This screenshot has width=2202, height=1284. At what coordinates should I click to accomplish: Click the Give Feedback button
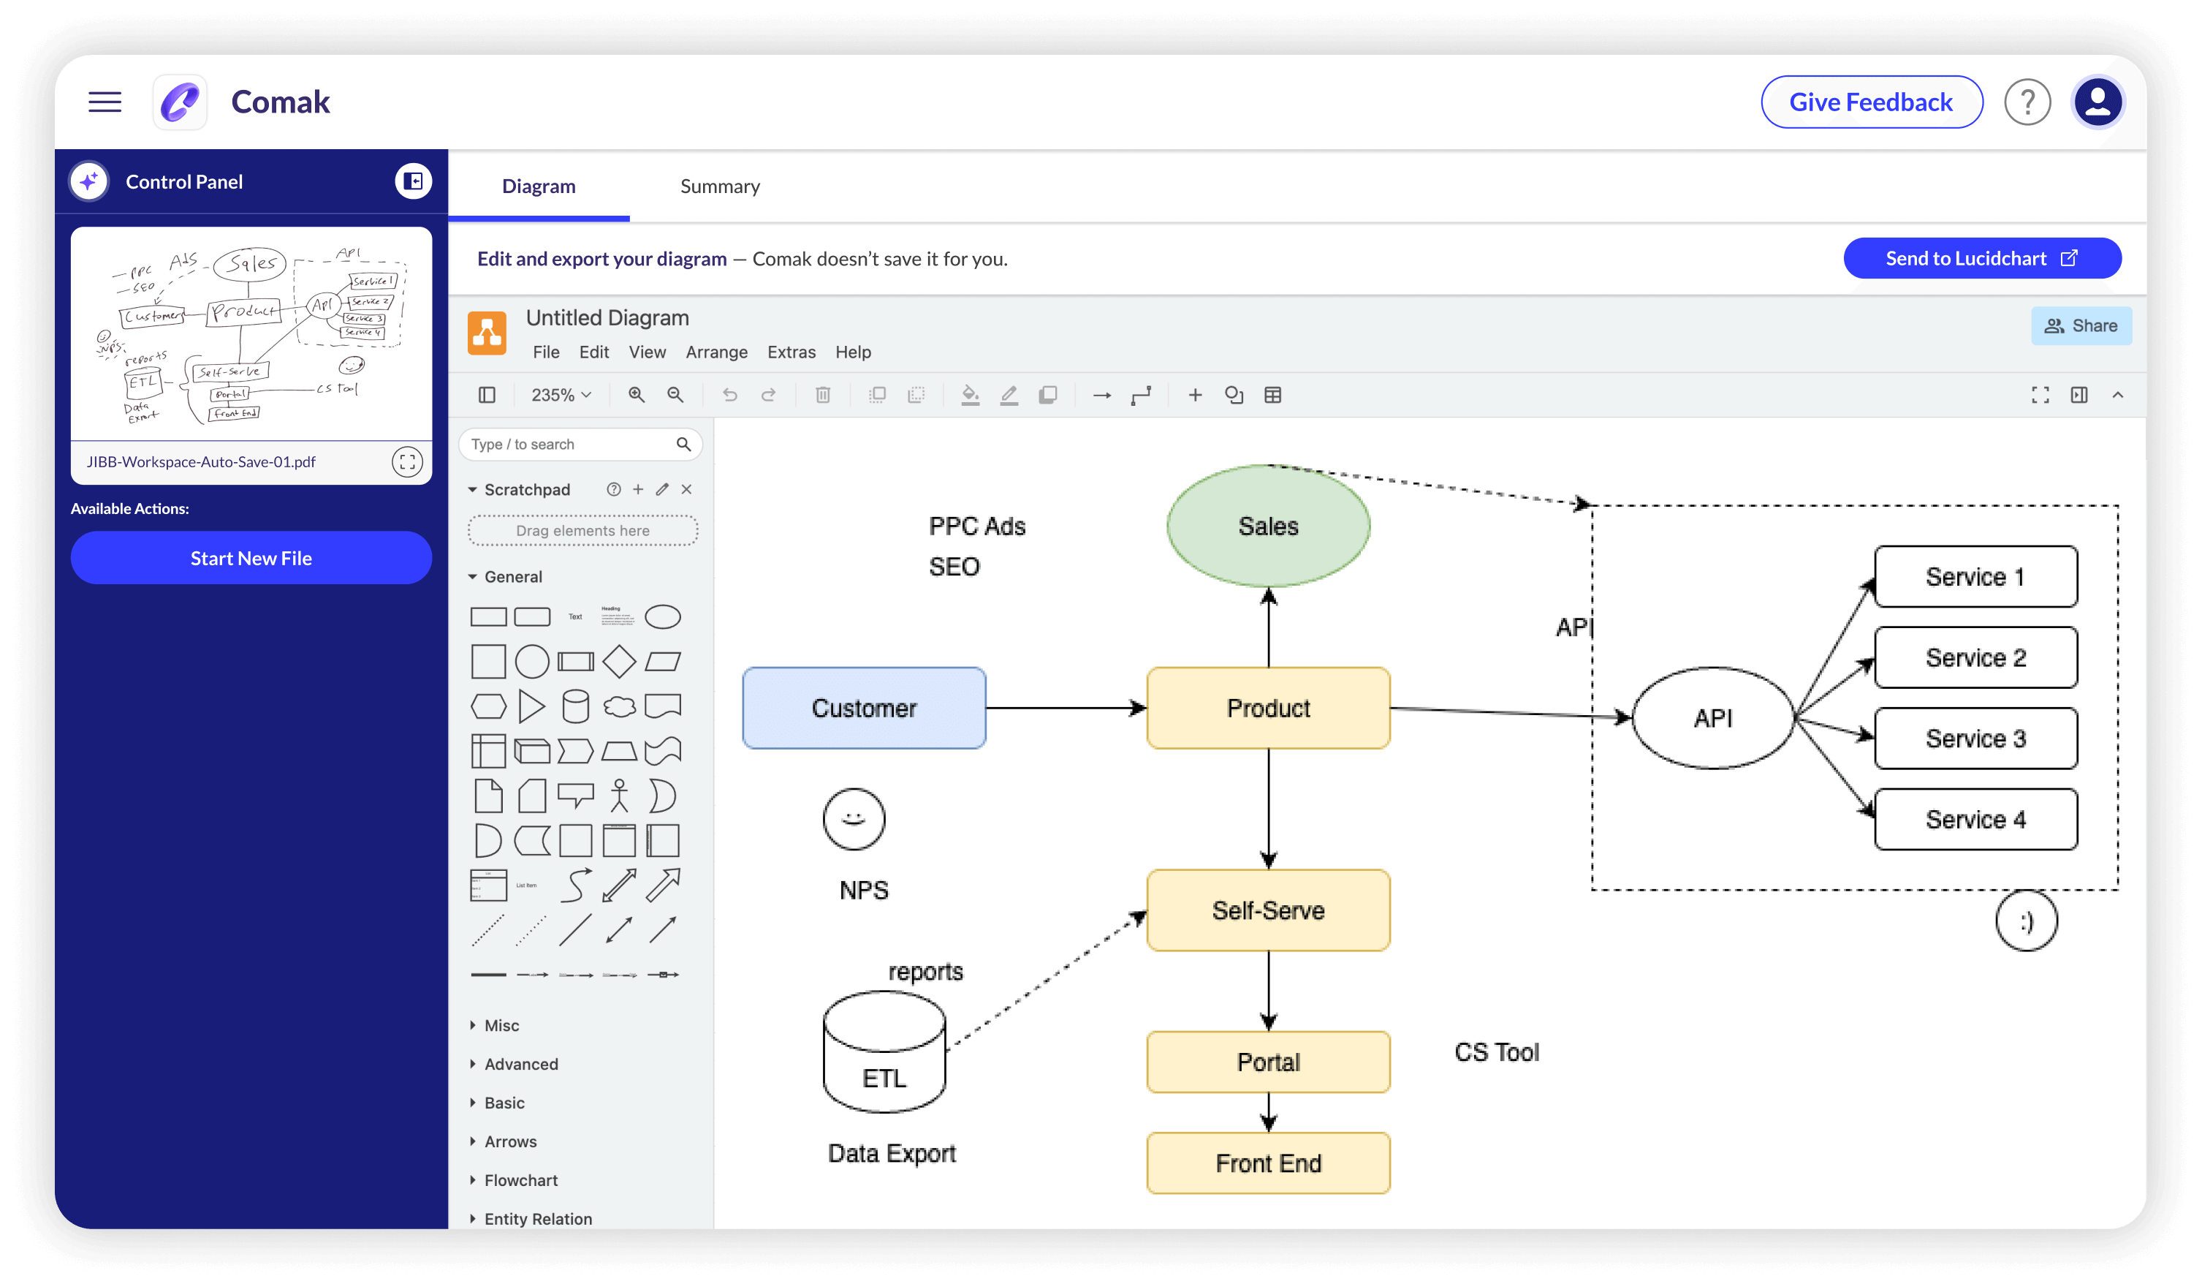click(1870, 102)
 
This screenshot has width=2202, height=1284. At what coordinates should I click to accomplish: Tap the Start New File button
click(251, 558)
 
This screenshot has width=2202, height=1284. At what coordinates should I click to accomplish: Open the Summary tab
click(719, 186)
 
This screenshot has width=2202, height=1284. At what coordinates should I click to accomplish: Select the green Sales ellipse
click(1267, 525)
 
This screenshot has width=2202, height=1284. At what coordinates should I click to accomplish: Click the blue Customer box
click(863, 708)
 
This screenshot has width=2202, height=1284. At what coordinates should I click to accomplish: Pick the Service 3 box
click(1975, 739)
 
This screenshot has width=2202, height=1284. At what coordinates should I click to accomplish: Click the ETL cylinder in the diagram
click(884, 1052)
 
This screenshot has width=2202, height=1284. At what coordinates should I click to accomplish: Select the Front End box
click(1267, 1163)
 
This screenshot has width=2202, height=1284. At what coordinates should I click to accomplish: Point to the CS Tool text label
click(1496, 1052)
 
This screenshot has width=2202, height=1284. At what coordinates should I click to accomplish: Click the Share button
click(2081, 326)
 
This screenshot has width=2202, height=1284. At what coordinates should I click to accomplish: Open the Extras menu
click(791, 352)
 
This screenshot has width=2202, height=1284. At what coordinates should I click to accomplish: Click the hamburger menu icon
click(105, 102)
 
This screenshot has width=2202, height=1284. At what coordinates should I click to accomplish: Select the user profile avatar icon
click(2097, 102)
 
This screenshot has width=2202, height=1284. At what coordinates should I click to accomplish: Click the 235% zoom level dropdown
click(561, 395)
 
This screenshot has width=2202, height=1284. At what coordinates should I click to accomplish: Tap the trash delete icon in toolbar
click(822, 395)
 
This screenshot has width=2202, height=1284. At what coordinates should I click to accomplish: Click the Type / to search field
click(570, 444)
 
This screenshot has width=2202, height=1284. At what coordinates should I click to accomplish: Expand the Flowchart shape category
click(521, 1180)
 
